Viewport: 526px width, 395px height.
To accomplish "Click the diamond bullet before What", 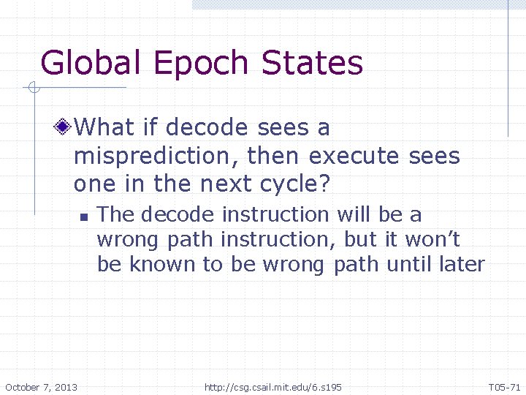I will (64, 128).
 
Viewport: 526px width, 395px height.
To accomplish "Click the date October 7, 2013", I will (42, 386).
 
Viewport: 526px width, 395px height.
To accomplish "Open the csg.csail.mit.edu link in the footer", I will (273, 386).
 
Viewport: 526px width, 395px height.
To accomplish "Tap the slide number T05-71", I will (503, 386).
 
